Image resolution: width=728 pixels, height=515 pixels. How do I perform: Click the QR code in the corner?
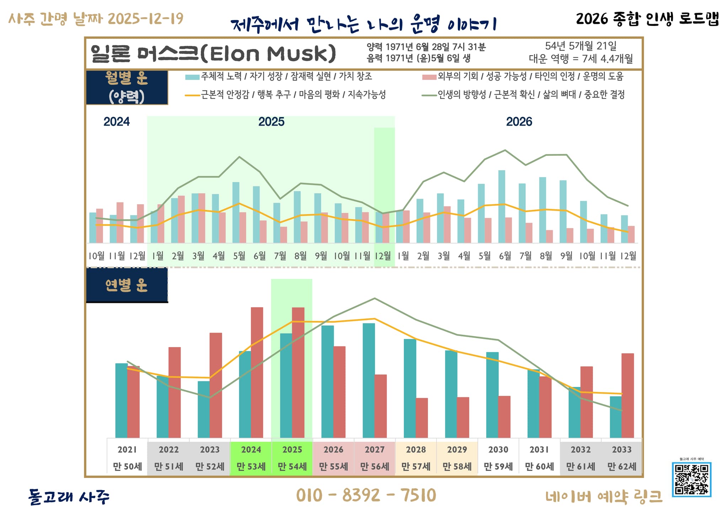coord(691,479)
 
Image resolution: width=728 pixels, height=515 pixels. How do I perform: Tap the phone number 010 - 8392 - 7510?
coord(366,495)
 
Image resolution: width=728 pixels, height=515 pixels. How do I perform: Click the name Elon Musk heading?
coord(213,54)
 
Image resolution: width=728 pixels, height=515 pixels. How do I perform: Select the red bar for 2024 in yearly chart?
coord(257,372)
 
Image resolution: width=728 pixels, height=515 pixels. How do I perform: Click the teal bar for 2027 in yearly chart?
coord(369,380)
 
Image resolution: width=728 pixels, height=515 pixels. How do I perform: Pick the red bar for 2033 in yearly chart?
coord(627,395)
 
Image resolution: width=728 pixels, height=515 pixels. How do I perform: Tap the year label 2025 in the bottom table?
coord(292,450)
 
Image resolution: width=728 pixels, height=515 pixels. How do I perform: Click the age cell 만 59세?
coord(498,466)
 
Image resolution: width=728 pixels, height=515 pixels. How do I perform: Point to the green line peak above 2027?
coord(374,298)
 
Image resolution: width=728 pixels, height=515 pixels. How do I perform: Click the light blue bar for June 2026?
coord(502,206)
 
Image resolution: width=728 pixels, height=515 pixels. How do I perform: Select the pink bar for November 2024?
coord(120,222)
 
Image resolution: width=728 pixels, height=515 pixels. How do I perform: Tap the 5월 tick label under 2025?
coord(239,256)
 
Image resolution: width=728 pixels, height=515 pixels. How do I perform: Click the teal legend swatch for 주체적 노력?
coord(192,77)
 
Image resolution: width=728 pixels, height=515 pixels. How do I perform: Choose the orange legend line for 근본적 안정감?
coord(192,95)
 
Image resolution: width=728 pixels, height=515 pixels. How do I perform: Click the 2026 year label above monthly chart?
coord(519,122)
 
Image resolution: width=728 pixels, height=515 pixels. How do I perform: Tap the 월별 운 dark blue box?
coord(127,87)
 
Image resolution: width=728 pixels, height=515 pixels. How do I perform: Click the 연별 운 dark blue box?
coord(127,285)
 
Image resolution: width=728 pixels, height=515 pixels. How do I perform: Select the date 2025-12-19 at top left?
coord(145,18)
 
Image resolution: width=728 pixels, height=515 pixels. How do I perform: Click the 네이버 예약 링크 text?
coord(604,497)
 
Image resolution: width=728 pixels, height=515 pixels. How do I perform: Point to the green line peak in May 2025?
coord(239,157)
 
